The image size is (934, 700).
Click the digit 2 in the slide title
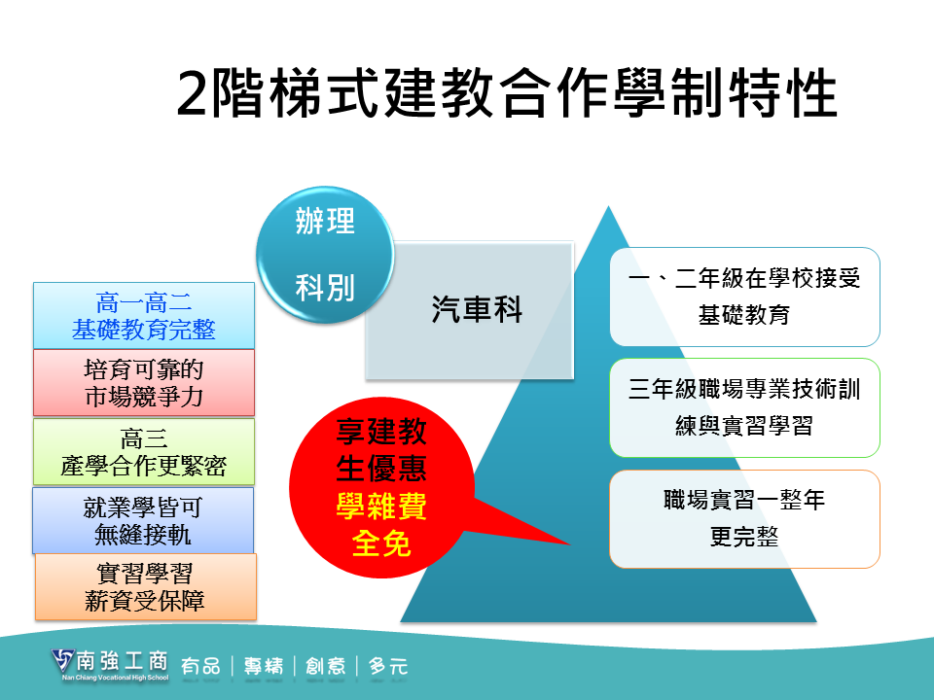(192, 94)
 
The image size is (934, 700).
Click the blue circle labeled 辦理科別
(325, 256)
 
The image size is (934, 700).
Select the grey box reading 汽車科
(469, 310)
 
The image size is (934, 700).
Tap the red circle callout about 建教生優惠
(381, 487)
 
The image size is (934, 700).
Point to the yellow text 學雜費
(381, 507)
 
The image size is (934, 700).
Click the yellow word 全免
(381, 543)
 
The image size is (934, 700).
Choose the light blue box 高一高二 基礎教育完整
(144, 315)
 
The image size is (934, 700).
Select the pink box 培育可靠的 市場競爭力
(144, 383)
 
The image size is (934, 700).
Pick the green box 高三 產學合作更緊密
(144, 452)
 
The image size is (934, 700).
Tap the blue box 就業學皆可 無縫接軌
(143, 521)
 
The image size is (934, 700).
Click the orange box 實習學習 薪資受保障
(146, 587)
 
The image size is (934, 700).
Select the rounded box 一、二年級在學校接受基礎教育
(744, 297)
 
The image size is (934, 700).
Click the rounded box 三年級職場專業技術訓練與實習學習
(744, 407)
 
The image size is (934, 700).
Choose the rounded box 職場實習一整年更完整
(744, 518)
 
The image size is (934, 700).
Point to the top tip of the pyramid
(608, 206)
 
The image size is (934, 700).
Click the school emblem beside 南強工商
(62, 662)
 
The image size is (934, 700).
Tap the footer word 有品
(200, 666)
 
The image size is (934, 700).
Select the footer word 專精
(264, 666)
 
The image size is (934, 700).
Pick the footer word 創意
(326, 666)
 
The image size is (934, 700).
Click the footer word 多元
(388, 666)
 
